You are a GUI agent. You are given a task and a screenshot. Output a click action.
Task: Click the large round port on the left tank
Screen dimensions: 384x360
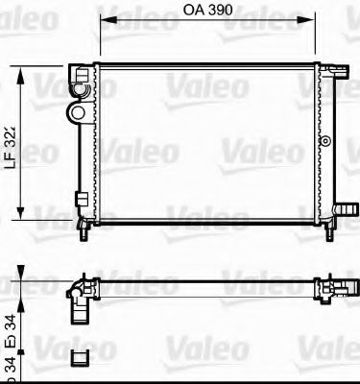click(x=74, y=112)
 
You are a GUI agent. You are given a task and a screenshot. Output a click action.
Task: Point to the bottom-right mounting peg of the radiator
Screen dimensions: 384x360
click(x=327, y=230)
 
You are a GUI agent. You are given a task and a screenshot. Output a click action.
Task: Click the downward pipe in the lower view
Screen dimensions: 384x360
click(x=76, y=309)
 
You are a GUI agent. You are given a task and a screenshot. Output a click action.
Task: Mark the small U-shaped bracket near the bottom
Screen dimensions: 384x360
click(x=80, y=357)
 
